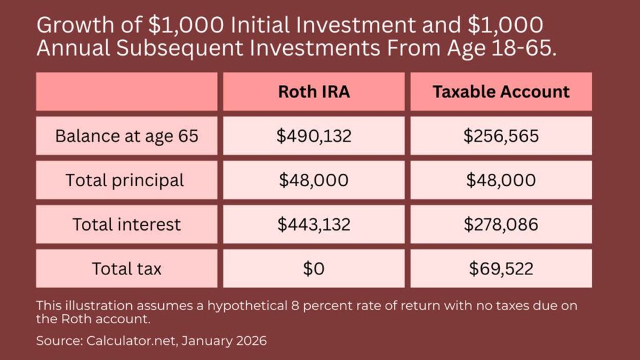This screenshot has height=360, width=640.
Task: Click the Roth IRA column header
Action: pyautogui.click(x=314, y=91)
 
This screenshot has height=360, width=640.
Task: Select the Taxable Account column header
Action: pyautogui.click(x=501, y=91)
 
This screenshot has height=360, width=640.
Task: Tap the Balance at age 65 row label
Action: pyautogui.click(x=126, y=136)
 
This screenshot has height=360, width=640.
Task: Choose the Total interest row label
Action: pyautogui.click(x=126, y=224)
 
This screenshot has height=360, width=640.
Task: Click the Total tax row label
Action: pyautogui.click(x=126, y=269)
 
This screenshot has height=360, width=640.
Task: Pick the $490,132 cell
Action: pyautogui.click(x=314, y=136)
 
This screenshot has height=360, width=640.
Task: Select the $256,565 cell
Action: pyautogui.click(x=501, y=136)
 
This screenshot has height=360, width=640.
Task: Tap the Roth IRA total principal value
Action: pyautogui.click(x=314, y=180)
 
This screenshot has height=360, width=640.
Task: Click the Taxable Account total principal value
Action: pyautogui.click(x=501, y=180)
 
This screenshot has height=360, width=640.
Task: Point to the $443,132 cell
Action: pyautogui.click(x=314, y=224)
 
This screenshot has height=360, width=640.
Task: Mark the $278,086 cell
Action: pyautogui.click(x=501, y=224)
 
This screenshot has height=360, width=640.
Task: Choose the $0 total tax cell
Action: pyautogui.click(x=314, y=269)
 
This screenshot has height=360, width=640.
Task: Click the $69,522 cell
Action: pyautogui.click(x=501, y=269)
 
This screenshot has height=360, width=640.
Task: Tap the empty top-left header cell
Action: pyautogui.click(x=126, y=91)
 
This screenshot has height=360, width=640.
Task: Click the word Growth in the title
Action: pyautogui.click(x=76, y=25)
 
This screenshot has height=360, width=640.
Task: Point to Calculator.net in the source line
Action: pyautogui.click(x=131, y=341)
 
